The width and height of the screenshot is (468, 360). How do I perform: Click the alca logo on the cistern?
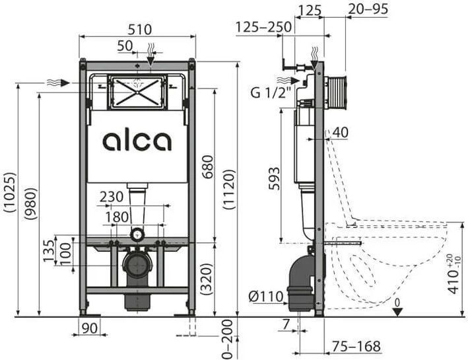137,141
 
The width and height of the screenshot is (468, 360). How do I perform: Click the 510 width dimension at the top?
140,30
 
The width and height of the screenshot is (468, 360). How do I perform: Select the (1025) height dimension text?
9,192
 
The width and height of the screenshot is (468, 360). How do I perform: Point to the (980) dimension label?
30,203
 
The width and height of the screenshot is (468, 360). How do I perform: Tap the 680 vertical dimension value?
208,166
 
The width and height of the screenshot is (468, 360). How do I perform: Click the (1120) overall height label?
229,189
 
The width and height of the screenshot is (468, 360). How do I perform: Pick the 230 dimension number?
111,197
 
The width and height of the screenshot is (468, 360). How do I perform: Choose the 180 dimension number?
117,217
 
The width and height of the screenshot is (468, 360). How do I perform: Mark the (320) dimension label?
207,279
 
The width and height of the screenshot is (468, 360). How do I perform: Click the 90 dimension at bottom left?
90,328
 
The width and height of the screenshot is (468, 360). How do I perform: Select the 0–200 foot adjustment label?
228,339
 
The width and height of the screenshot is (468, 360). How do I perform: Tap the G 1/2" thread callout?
271,93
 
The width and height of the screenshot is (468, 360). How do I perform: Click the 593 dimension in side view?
275,178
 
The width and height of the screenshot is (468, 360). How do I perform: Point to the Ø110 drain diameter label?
265,297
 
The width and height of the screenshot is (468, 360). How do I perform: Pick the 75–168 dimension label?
356,346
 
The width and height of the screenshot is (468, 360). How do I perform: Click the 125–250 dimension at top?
263,27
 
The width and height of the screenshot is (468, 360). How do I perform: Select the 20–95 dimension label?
368,9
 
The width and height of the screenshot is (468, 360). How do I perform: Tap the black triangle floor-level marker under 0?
397,312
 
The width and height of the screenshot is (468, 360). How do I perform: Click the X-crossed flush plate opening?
137,92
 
